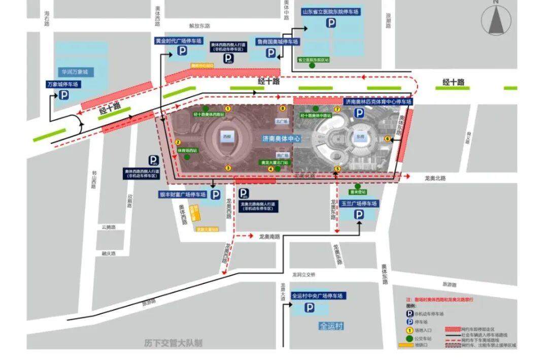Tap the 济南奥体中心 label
(x=282, y=138)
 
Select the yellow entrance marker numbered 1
(x=228, y=108)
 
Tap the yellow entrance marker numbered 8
(x=283, y=108)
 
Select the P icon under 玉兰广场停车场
(x=359, y=215)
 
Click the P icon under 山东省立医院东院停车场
(x=331, y=23)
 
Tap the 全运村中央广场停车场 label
(x=318, y=296)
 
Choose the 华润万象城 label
(x=75, y=72)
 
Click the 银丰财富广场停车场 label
(x=183, y=194)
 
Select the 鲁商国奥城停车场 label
(x=278, y=42)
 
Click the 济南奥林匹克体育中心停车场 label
(x=378, y=102)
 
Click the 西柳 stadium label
(x=226, y=136)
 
